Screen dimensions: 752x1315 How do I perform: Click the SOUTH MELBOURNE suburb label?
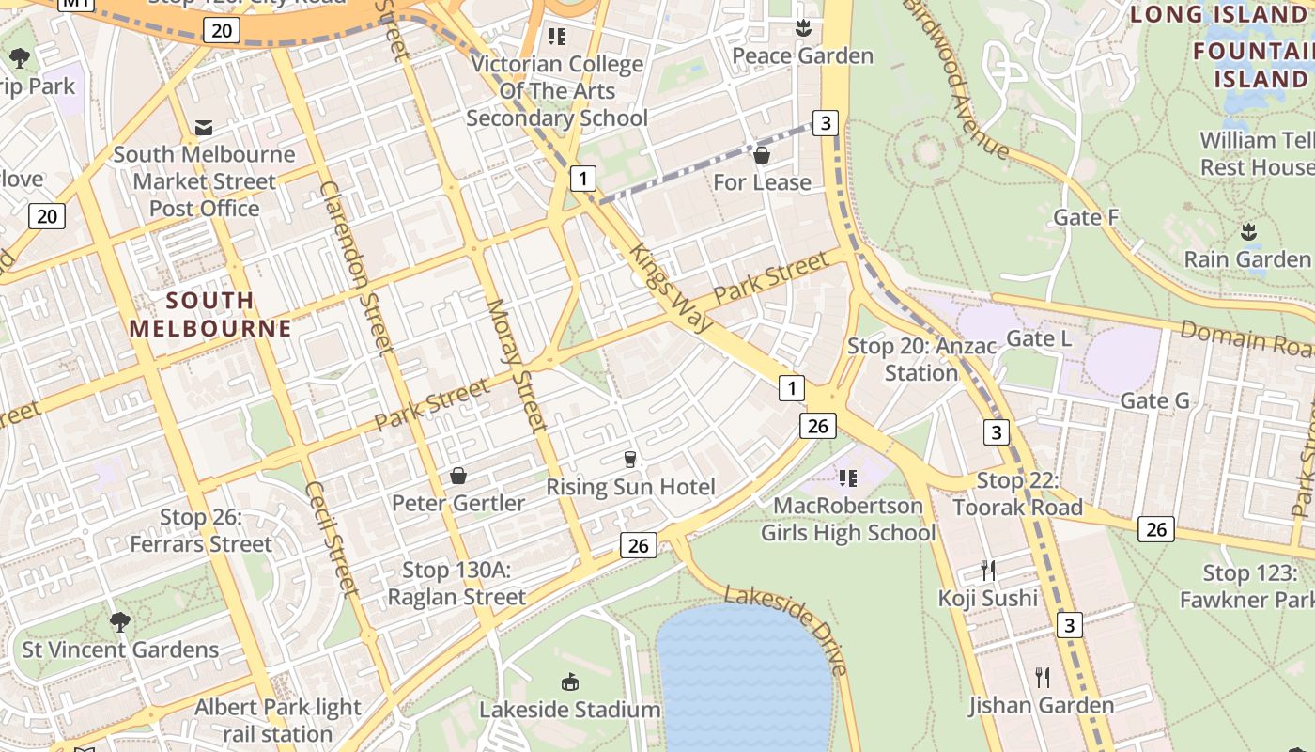pos(209,314)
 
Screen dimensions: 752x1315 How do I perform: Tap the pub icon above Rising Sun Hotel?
pos(630,459)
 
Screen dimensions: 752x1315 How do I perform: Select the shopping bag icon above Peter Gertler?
pos(458,476)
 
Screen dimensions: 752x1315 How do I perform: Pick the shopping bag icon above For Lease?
pos(762,154)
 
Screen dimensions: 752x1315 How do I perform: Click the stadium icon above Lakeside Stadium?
pos(569,681)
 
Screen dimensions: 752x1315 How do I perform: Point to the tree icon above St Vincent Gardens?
pos(119,621)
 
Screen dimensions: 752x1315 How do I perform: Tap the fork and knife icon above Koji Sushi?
pos(987,570)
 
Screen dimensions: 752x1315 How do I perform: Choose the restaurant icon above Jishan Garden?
pos(1041,677)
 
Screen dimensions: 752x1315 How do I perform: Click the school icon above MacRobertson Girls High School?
pos(848,478)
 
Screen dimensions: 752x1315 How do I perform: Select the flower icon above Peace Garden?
pos(802,29)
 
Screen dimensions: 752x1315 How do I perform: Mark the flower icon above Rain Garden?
pos(1248,231)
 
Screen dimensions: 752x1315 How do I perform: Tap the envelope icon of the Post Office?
pos(203,127)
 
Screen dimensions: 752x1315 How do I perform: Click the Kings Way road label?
pos(671,287)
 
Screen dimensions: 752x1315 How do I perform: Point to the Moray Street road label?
pos(517,365)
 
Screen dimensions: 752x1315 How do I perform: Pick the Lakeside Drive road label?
pos(787,628)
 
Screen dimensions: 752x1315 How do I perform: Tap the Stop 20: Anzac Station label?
pos(921,359)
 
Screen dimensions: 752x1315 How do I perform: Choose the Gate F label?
pos(1086,217)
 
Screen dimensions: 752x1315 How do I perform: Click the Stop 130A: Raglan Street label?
pos(456,583)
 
